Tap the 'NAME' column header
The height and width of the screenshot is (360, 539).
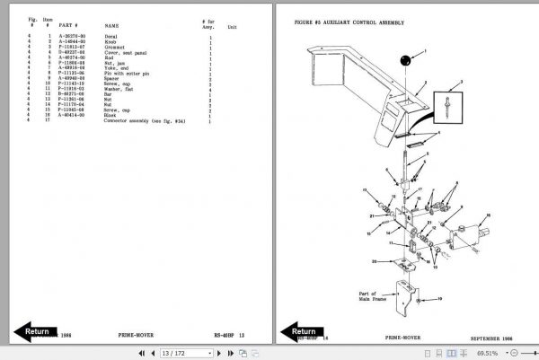pyautogui.click(x=111, y=27)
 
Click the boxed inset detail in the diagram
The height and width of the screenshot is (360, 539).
pyautogui.click(x=449, y=107)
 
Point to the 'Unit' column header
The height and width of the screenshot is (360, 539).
pyautogui.click(x=233, y=27)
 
